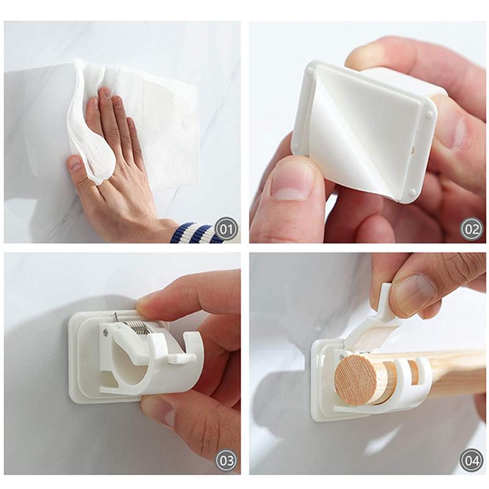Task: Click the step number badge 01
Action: click(x=225, y=230)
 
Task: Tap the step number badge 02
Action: click(x=471, y=230)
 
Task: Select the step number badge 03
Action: click(x=225, y=460)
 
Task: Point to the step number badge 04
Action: click(x=471, y=460)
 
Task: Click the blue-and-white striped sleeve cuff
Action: click(x=196, y=233)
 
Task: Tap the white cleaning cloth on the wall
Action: click(x=153, y=122)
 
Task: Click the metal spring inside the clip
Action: click(x=139, y=324)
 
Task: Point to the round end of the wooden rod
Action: click(x=354, y=379)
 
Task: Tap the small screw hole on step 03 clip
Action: click(x=106, y=334)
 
